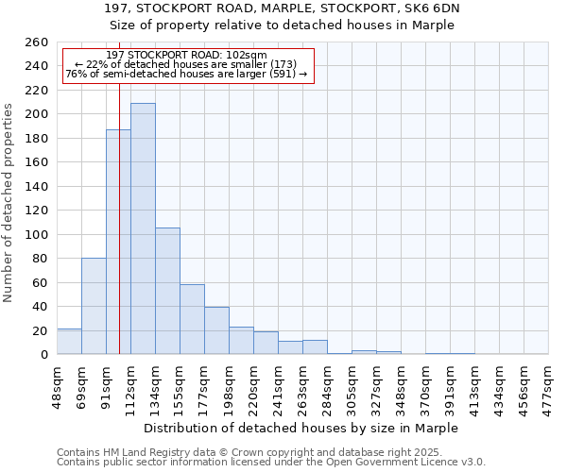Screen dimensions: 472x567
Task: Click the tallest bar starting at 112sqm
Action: coord(143,228)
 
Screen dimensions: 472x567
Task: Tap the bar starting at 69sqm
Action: coord(94,306)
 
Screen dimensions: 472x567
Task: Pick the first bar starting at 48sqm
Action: coord(69,342)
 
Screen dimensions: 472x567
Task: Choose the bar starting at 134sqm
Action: coord(167,291)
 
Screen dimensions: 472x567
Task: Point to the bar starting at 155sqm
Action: coord(192,319)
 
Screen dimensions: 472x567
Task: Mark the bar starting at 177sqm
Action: coord(216,330)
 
